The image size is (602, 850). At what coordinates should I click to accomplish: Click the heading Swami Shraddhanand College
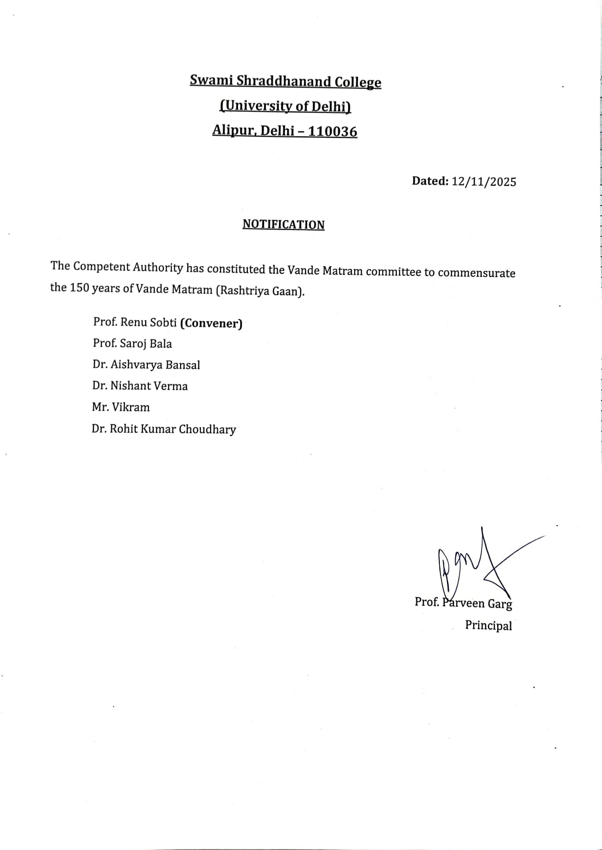[285, 82]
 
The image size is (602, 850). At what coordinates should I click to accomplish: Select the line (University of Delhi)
[285, 106]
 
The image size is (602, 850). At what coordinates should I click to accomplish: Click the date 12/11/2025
[484, 182]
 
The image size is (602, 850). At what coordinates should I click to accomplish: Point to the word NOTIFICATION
[283, 225]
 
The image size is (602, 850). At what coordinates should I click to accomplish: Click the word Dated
[430, 181]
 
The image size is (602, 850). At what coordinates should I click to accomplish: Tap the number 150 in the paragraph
[79, 288]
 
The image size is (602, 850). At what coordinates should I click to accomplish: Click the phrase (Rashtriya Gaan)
[260, 291]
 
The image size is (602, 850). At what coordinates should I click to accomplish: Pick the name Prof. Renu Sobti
[135, 322]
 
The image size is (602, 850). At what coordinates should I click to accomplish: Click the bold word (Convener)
[211, 323]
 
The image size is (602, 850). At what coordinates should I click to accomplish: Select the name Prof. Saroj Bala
[132, 343]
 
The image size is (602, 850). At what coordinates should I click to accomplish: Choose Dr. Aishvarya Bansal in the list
[146, 365]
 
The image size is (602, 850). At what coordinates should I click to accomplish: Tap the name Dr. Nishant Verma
[140, 386]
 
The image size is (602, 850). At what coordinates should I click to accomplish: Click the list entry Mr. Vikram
[121, 407]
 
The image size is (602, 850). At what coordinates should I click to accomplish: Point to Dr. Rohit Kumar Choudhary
[164, 429]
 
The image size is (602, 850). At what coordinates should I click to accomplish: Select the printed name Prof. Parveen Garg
[463, 603]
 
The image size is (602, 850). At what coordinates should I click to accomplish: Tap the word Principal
[488, 625]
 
